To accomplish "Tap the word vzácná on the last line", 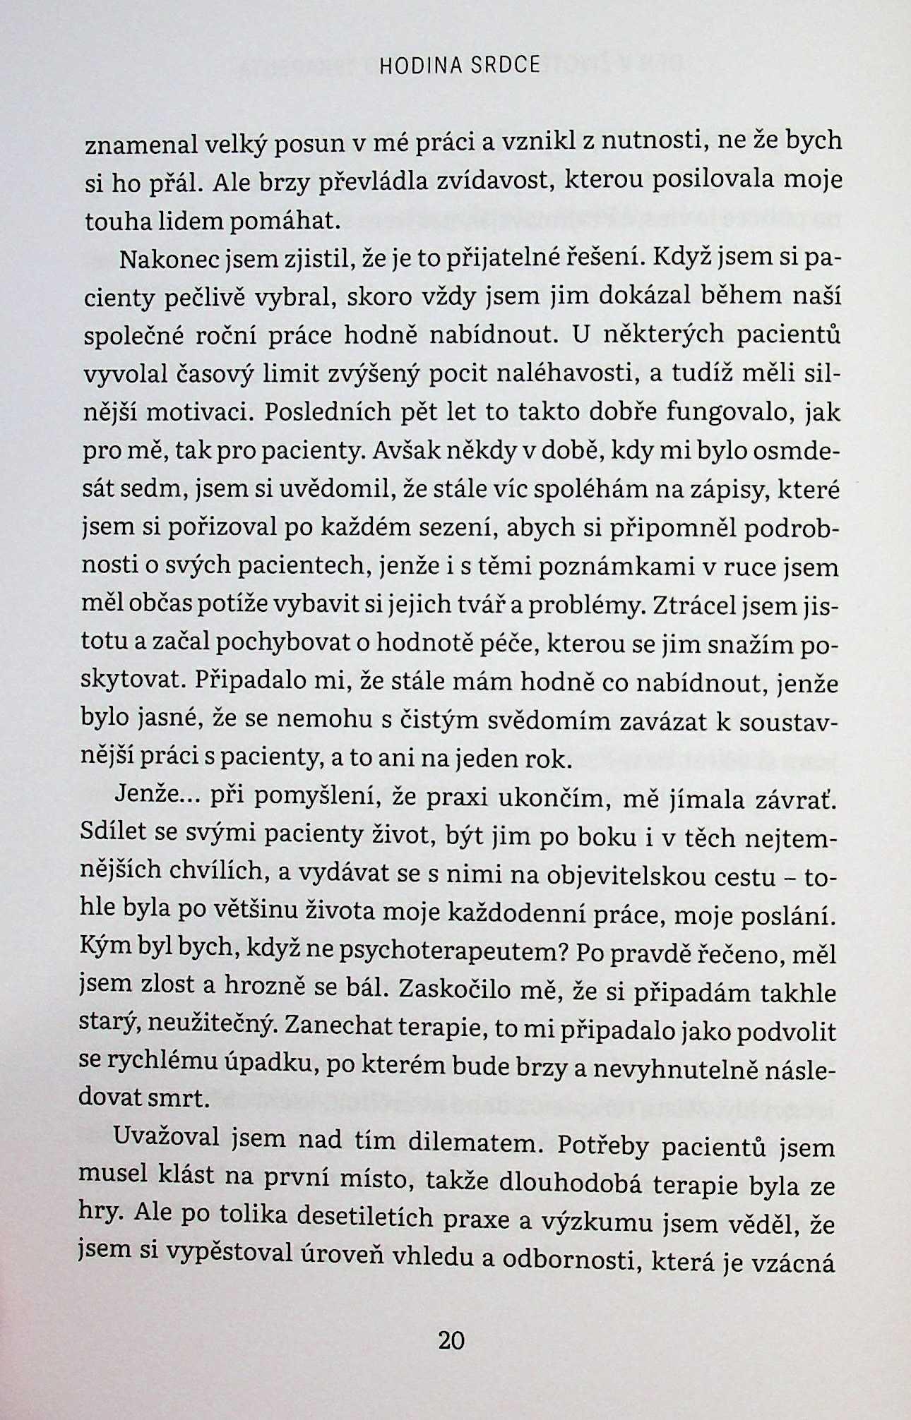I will [796, 1263].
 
